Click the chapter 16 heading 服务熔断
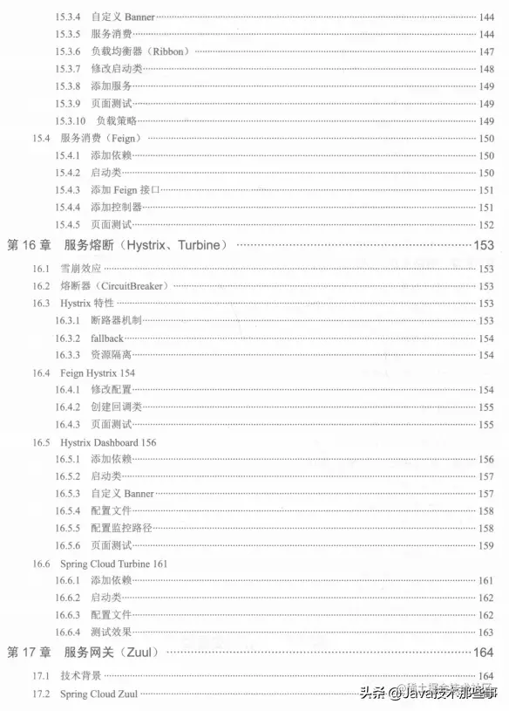tap(92, 245)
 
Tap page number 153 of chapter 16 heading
tap(484, 245)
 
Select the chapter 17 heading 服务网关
tap(92, 653)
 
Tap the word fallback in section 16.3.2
tap(107, 338)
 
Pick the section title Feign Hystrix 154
tap(98, 373)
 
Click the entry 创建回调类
tap(116, 407)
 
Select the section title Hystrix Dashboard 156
tap(108, 442)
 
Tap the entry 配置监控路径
tap(121, 528)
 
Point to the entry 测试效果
tap(111, 632)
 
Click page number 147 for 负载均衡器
tap(485, 51)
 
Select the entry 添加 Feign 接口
tap(125, 189)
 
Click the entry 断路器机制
tap(116, 320)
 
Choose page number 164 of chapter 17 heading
tap(484, 653)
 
